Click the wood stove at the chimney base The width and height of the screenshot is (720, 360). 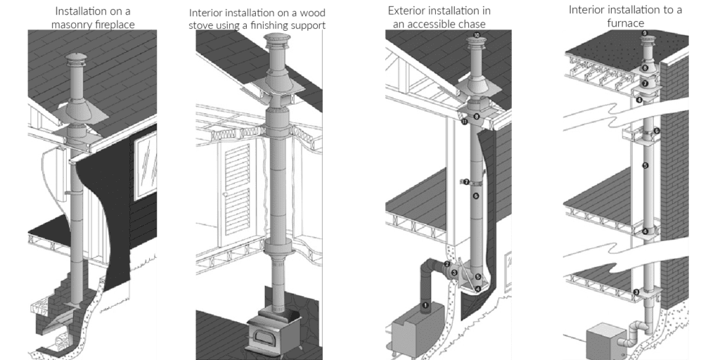tap(274, 330)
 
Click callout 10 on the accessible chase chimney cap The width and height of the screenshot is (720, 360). tap(477, 35)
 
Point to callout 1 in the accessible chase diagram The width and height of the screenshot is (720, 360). tap(425, 304)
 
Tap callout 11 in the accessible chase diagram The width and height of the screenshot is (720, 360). tap(465, 122)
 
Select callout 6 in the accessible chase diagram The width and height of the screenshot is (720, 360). tap(476, 196)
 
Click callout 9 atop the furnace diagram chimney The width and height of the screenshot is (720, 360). tap(643, 33)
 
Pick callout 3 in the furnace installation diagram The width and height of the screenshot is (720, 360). tap(636, 292)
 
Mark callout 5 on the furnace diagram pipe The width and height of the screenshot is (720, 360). tap(645, 165)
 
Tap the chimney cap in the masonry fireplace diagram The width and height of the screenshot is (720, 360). tap(75, 61)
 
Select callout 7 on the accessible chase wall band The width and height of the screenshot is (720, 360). tap(466, 182)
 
